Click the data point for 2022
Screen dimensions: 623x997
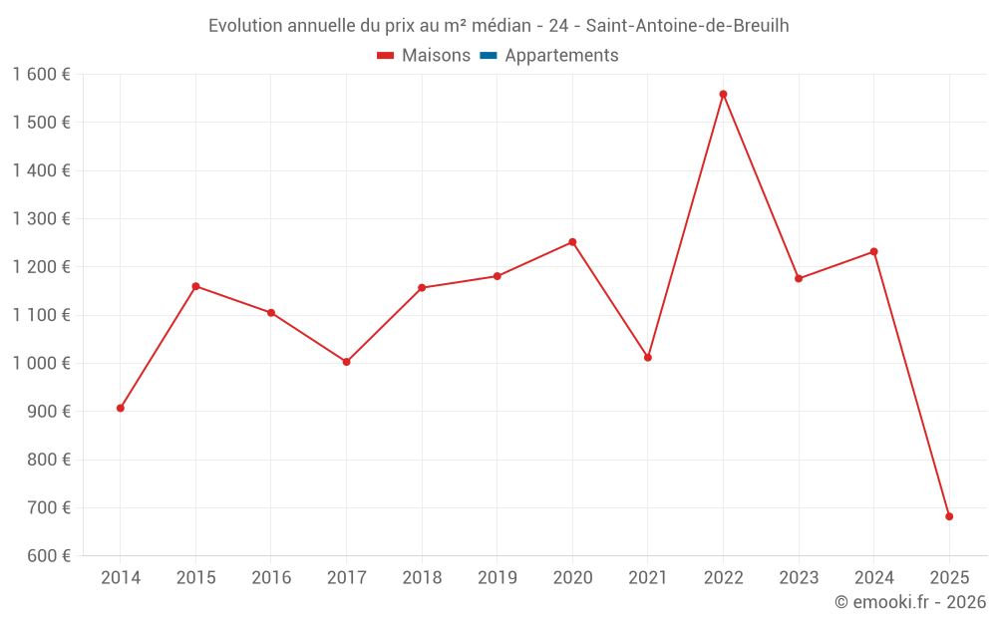click(723, 95)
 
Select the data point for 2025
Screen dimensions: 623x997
click(949, 516)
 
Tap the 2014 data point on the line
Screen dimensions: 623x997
click(121, 408)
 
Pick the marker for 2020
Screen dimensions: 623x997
click(572, 242)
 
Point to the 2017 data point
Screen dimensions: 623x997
click(346, 362)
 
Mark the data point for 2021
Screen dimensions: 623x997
click(648, 357)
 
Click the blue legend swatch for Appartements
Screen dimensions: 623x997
click(489, 56)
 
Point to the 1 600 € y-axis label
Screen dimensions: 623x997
click(42, 75)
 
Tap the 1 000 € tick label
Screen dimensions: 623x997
click(42, 364)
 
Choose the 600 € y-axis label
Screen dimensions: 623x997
click(48, 556)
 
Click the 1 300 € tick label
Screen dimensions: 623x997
click(42, 219)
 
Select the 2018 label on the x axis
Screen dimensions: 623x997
click(422, 578)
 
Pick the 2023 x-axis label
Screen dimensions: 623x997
click(799, 578)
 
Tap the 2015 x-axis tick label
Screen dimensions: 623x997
click(195, 578)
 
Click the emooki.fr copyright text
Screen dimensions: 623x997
click(910, 602)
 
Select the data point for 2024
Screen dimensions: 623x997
click(873, 251)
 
